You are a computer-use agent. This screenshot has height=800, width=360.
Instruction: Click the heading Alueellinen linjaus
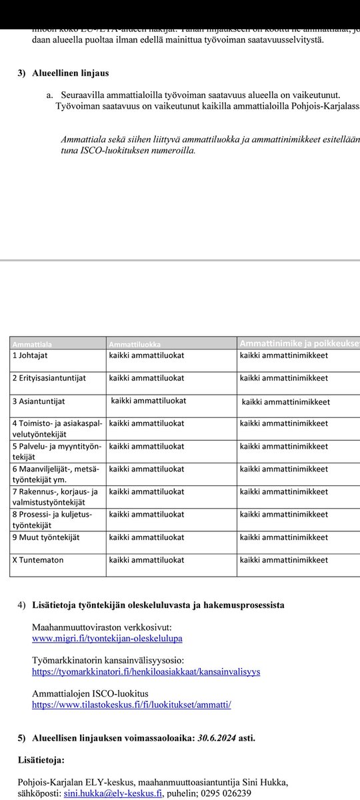point(70,73)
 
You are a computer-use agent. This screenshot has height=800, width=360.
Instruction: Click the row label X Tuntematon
point(38,560)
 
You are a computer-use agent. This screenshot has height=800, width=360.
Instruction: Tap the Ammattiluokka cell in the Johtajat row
point(147,355)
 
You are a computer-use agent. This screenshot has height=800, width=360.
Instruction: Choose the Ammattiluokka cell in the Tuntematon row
point(147,560)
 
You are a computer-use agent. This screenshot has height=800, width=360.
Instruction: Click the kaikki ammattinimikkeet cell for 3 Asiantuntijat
point(286,402)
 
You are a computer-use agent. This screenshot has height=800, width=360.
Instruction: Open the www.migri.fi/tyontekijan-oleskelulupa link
point(107,639)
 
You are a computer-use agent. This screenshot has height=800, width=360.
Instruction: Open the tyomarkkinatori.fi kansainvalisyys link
point(146,671)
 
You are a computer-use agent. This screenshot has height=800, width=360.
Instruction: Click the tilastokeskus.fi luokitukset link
point(131,704)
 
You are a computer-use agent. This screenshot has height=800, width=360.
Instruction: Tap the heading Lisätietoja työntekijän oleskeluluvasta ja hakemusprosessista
point(158,605)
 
